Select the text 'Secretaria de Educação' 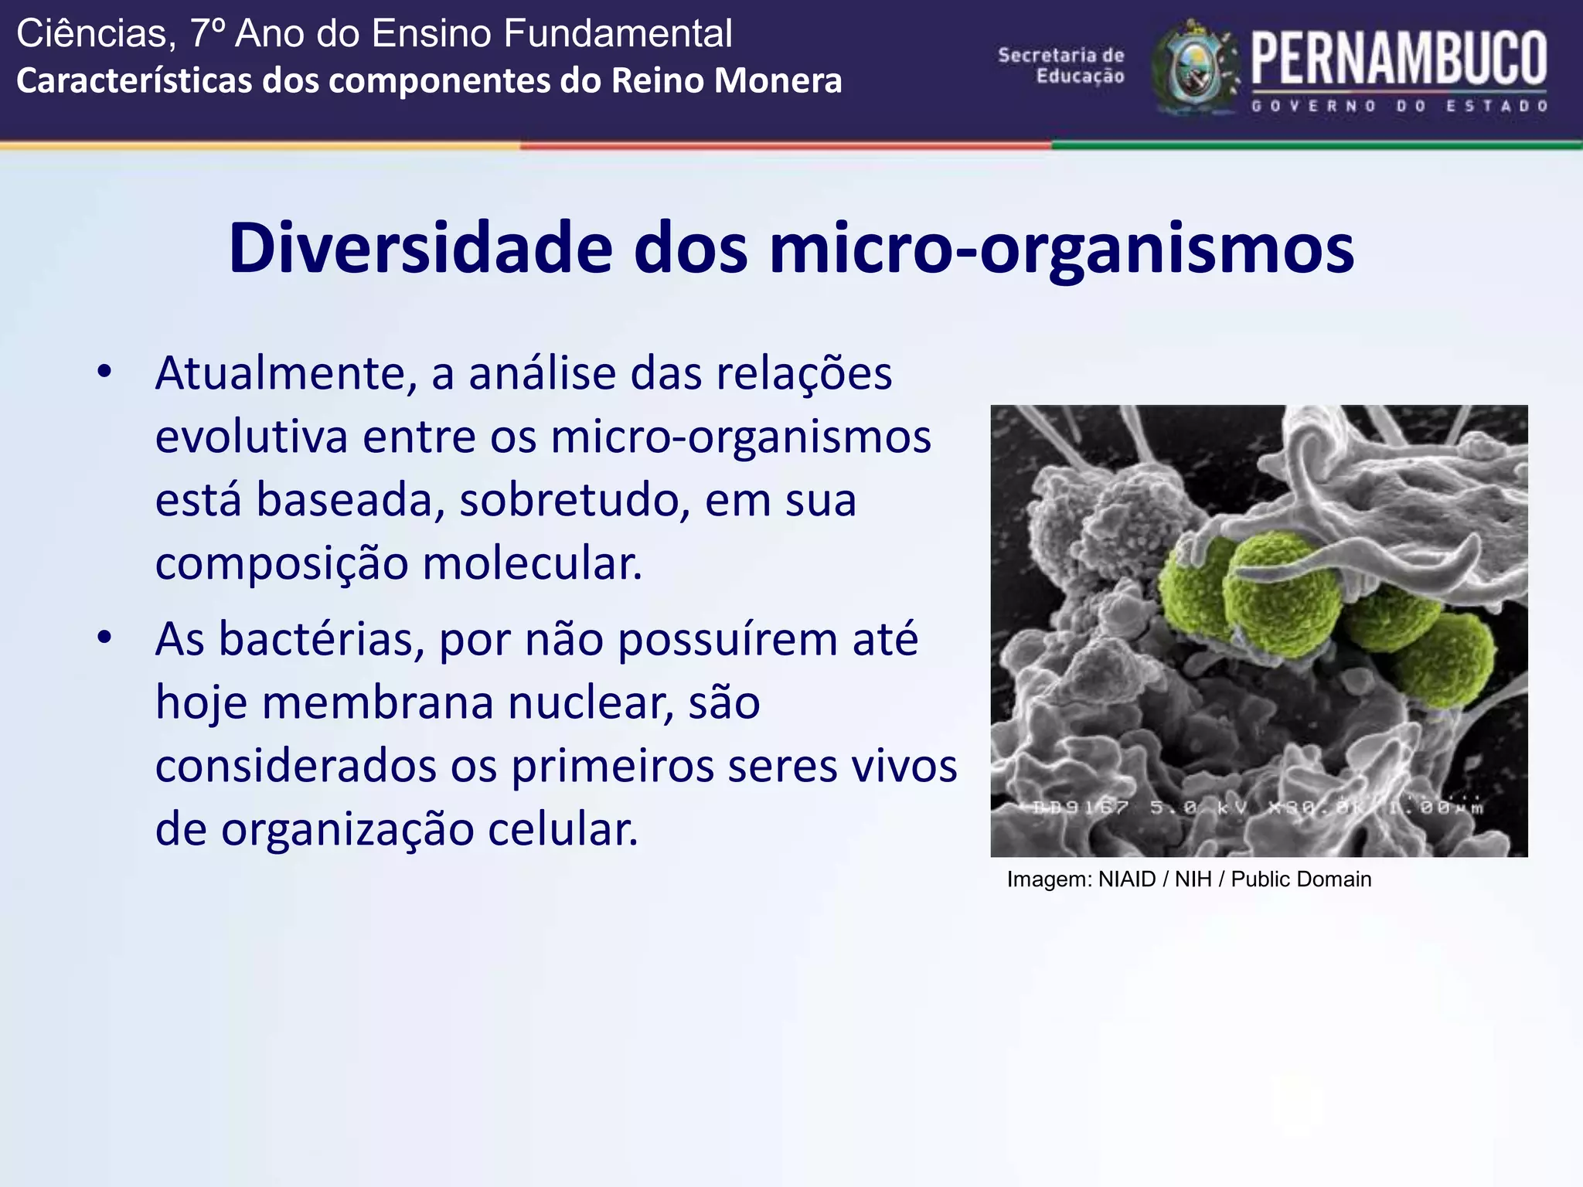point(1061,65)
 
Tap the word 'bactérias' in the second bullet point(321,640)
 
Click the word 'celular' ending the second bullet point(563,830)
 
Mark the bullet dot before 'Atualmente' point(105,372)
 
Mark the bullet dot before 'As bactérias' point(105,638)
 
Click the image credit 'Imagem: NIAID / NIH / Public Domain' point(1189,879)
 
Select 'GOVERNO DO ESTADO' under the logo point(1399,107)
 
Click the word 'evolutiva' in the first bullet point(252,437)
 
